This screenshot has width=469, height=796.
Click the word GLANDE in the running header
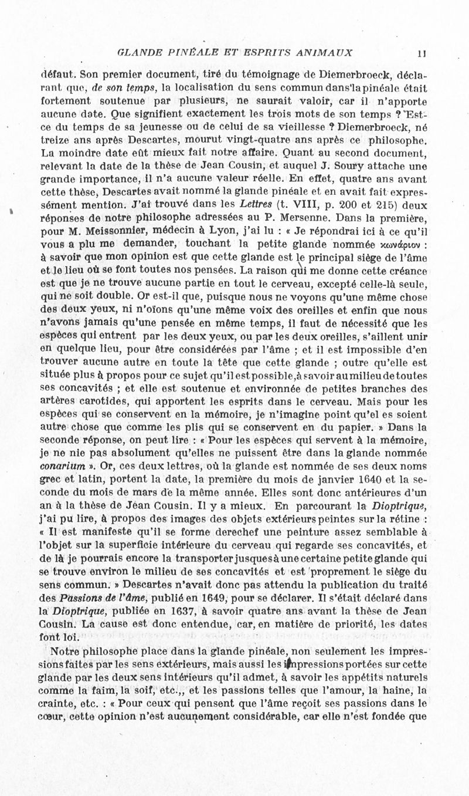click(137, 52)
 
